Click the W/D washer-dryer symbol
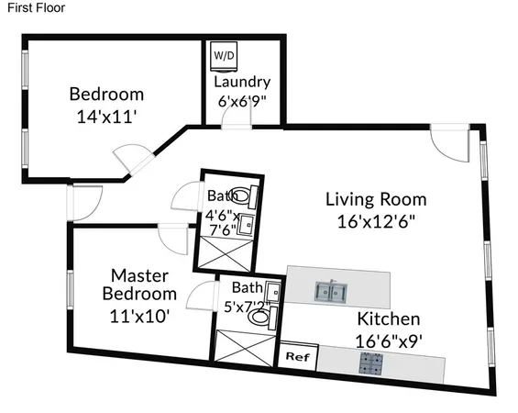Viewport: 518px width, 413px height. coord(224,55)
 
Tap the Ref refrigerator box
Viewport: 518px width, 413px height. coord(296,356)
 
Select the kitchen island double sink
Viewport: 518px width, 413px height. coord(331,293)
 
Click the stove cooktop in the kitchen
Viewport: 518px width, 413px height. coord(371,363)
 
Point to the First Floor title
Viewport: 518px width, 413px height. coord(30,7)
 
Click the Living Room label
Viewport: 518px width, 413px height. coord(376,198)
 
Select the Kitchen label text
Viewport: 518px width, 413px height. coord(388,319)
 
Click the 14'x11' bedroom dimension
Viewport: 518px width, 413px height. coord(107,117)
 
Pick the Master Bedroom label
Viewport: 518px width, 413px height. coord(138,285)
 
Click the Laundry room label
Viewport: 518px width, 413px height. coord(242,82)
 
